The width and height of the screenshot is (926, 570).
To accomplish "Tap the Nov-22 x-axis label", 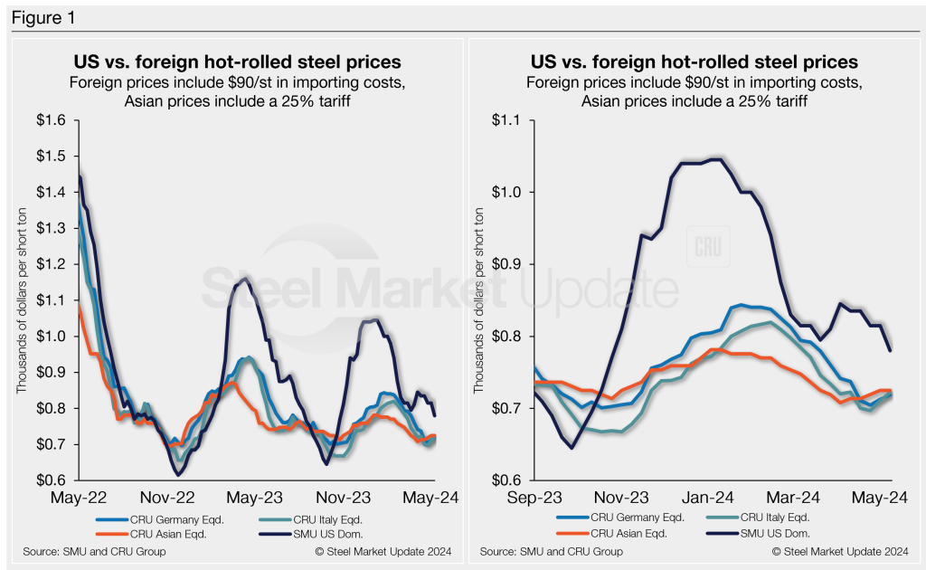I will click(169, 497).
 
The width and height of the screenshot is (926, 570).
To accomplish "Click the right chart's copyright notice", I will click(837, 551).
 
